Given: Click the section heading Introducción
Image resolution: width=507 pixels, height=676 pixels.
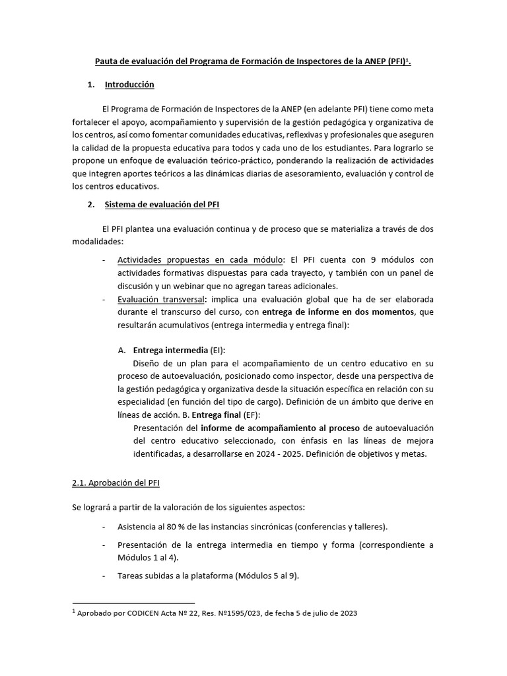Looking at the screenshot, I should [x=129, y=85].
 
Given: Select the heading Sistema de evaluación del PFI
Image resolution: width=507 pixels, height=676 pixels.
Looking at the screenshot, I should [x=162, y=205].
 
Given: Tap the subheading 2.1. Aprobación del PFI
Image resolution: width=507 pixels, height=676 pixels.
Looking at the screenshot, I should [x=116, y=483].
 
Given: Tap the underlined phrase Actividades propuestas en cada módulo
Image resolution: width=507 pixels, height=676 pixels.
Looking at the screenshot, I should [x=200, y=260].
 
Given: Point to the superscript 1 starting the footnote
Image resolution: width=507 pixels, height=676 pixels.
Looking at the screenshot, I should [x=74, y=611].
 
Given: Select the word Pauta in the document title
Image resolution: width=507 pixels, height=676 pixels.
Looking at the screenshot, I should [x=110, y=61].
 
